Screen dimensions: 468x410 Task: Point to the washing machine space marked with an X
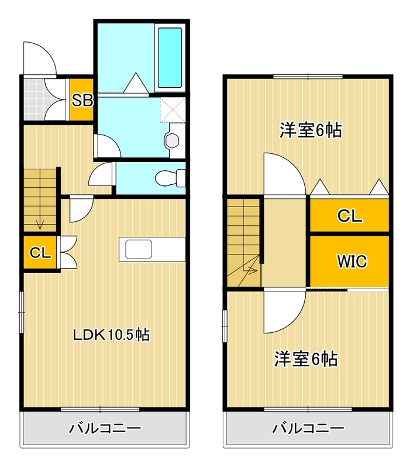point(173,109)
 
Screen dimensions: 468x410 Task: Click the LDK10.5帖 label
point(111,335)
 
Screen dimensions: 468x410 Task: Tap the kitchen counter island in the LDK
point(152,249)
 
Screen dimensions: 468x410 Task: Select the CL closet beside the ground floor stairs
point(40,253)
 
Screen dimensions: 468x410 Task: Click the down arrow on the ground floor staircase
point(40,223)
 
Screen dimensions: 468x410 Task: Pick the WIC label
point(351,261)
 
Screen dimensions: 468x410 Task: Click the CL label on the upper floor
point(350,216)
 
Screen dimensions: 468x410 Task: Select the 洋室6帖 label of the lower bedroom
point(306,358)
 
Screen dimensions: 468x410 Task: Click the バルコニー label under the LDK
point(105,429)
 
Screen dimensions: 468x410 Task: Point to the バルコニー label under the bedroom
point(308,429)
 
